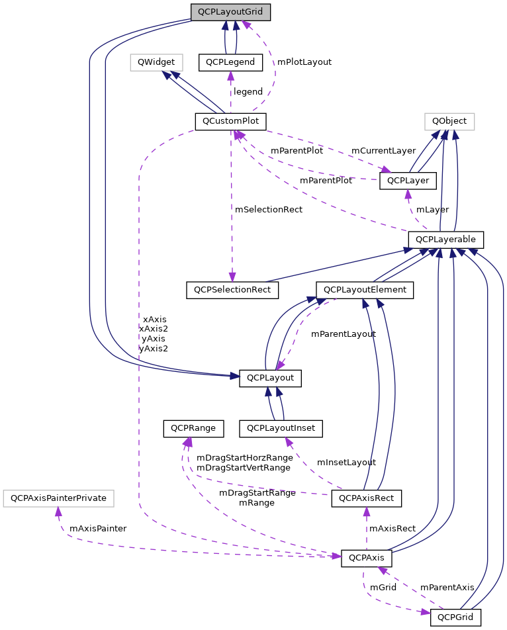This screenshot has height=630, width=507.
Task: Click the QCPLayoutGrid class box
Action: [x=230, y=12]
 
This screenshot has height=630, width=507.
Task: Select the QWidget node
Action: [x=156, y=62]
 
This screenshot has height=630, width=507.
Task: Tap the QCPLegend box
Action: [x=230, y=62]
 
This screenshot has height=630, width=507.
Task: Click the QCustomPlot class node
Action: [x=230, y=122]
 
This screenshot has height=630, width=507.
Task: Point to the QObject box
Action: [x=449, y=121]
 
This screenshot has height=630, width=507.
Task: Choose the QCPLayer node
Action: [x=408, y=181]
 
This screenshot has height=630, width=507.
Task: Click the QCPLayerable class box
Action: [x=446, y=239]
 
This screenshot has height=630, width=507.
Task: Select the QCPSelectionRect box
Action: [x=232, y=290]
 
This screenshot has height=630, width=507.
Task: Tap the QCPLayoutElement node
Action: [x=365, y=290]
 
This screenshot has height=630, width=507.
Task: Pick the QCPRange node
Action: [x=193, y=428]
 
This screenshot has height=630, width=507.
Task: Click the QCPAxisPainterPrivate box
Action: [x=59, y=497]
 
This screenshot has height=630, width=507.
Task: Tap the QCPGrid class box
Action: [x=455, y=617]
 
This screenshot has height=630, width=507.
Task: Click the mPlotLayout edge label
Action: [x=304, y=62]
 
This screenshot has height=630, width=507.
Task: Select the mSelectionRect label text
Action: [x=269, y=209]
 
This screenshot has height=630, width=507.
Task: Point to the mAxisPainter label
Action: [x=98, y=528]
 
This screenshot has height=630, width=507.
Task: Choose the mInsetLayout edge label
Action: [x=346, y=462]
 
